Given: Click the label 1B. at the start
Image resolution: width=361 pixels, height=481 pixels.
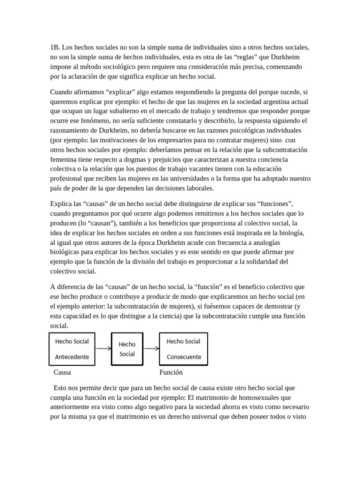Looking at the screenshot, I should (55, 47).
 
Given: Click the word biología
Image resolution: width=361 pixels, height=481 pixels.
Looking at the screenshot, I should (292, 232).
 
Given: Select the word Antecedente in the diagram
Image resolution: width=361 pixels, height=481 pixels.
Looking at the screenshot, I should (72, 357).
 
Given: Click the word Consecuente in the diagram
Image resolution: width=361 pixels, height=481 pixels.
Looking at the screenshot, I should (184, 357).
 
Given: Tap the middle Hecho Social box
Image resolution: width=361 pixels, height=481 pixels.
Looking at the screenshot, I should (127, 349).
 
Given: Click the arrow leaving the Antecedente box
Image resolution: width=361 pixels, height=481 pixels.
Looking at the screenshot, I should (102, 349).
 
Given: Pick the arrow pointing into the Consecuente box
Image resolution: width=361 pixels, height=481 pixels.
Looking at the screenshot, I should (151, 349).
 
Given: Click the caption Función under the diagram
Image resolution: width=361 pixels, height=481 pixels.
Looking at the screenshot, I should (171, 372).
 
